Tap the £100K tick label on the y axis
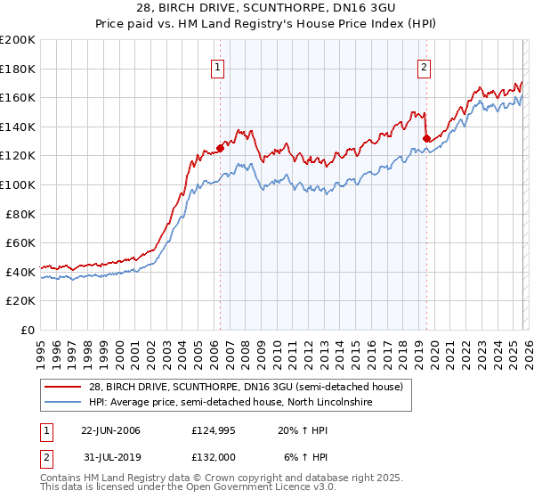click(x=19, y=184)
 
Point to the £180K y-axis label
click(x=19, y=69)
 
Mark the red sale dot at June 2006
click(x=220, y=149)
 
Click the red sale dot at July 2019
click(x=427, y=138)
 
